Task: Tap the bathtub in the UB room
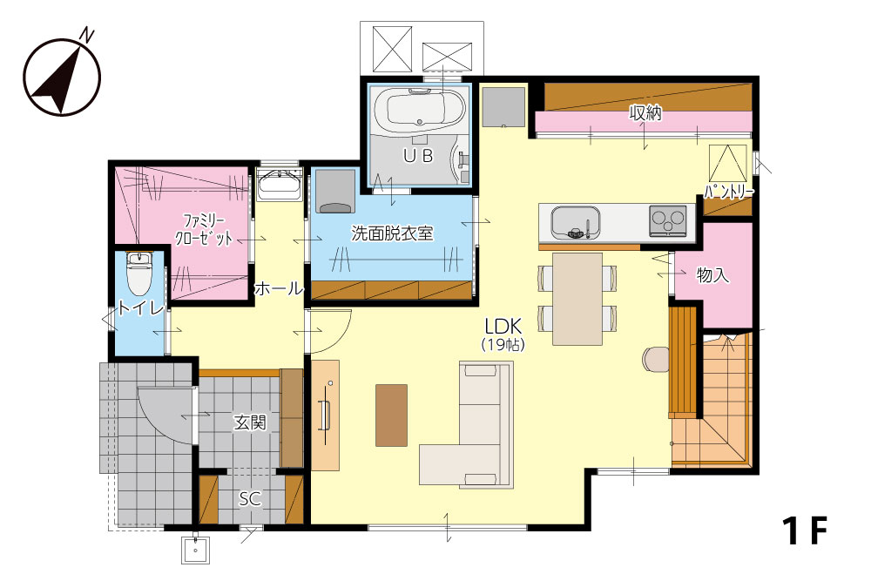pos(415,109)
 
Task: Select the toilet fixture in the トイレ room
pos(138,274)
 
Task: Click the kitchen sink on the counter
pos(576,222)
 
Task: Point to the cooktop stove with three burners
pos(668,220)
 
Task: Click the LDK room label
pos(503,326)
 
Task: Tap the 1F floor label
pos(805,530)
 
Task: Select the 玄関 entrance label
pos(250,422)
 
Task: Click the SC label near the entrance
pos(250,499)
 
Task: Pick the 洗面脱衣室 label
pos(392,233)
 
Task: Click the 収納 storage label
pos(645,113)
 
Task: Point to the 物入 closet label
pos(713,274)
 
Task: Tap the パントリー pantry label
pos(729,193)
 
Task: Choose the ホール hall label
pos(279,288)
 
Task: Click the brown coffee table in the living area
pos(392,415)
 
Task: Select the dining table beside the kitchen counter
pos(577,299)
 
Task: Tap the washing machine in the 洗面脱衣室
pos(335,192)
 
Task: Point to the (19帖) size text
pos(503,345)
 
